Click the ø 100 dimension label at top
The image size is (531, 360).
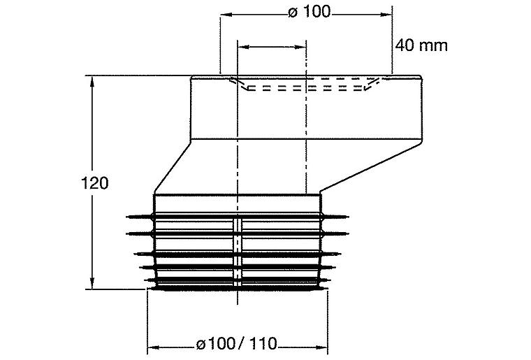309,12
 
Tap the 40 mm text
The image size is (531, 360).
421,45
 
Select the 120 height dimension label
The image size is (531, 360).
95,183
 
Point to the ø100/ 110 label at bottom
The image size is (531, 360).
236,344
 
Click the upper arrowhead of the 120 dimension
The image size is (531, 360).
92,82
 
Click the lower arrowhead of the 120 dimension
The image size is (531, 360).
92,284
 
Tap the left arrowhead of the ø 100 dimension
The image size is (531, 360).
226,15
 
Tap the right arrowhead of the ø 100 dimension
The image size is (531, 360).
386,15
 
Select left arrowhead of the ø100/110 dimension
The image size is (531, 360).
154,347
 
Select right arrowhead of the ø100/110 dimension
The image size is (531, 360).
321,347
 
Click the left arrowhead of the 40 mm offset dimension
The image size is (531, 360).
244,47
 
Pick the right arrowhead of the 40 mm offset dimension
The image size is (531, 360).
300,47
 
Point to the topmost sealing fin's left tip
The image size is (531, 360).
127,217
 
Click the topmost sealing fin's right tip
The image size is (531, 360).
348,217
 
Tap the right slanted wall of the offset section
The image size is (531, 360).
371,166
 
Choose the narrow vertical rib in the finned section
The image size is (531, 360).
238,253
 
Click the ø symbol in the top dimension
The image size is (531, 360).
293,13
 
